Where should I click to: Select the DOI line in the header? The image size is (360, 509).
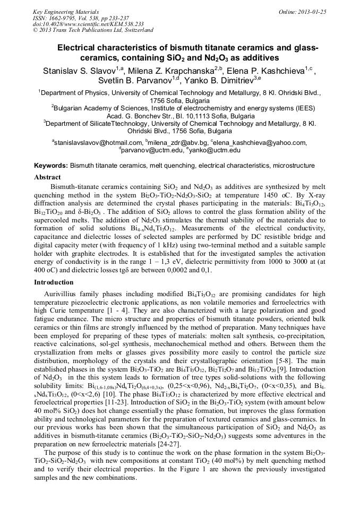88,24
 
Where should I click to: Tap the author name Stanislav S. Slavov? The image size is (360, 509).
77,71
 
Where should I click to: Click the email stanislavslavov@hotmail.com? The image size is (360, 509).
98,142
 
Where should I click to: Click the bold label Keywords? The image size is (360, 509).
51,166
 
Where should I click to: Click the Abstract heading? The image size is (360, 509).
47,177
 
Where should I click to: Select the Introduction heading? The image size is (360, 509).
54,282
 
